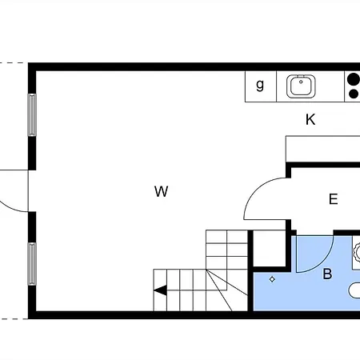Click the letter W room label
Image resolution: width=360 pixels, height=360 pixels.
click(162, 191)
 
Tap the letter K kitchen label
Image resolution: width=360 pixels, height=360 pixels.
click(310, 119)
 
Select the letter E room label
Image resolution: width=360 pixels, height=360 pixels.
click(334, 199)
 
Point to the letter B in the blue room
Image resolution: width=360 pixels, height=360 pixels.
click(327, 274)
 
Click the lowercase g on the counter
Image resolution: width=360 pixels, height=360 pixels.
click(260, 85)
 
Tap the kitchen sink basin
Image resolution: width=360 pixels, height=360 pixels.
click(301, 86)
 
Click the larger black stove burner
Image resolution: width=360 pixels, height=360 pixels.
click(354, 79)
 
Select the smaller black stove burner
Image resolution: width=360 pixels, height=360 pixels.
click(354, 94)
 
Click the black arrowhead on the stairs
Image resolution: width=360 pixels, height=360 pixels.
click(161, 290)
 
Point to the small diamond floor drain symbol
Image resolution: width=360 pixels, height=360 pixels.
click(272, 279)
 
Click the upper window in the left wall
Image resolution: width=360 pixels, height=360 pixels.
click(32, 115)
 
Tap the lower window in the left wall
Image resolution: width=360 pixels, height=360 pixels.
click(32, 264)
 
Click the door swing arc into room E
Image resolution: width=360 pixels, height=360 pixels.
click(256, 190)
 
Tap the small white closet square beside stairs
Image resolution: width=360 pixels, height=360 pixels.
click(269, 248)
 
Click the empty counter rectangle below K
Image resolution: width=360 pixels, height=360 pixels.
click(323, 149)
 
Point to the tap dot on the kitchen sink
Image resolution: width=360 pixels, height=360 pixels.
click(301, 82)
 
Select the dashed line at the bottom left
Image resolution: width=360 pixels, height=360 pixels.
click(14, 318)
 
